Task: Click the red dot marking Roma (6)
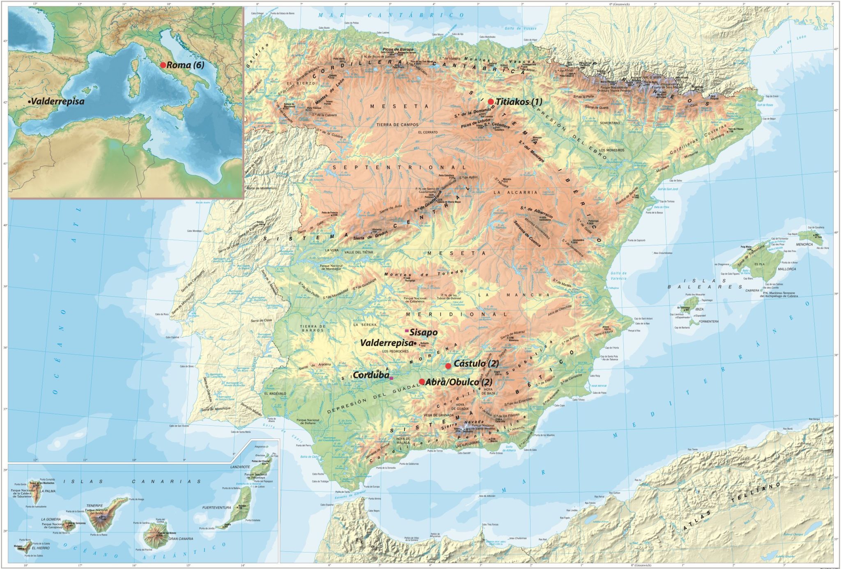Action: pos(163,65)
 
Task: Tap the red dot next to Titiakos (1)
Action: pos(491,101)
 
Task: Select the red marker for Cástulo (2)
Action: pos(448,366)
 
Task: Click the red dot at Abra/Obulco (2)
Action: pos(422,381)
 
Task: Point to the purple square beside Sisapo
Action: pos(407,330)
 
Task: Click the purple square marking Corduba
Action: pos(391,378)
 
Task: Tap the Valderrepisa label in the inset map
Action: pos(57,101)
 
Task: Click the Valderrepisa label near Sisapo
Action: pos(386,343)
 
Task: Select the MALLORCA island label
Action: pos(787,269)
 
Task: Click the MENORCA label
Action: pos(804,244)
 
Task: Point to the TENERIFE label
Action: pos(94,506)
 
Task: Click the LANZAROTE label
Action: pos(240,467)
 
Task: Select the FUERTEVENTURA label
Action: pos(216,507)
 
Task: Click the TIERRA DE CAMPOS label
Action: pos(398,125)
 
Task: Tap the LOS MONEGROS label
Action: pos(611,150)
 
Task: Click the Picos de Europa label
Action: pos(398,49)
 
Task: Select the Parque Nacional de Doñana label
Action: pos(308,421)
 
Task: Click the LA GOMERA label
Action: pos(51,519)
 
